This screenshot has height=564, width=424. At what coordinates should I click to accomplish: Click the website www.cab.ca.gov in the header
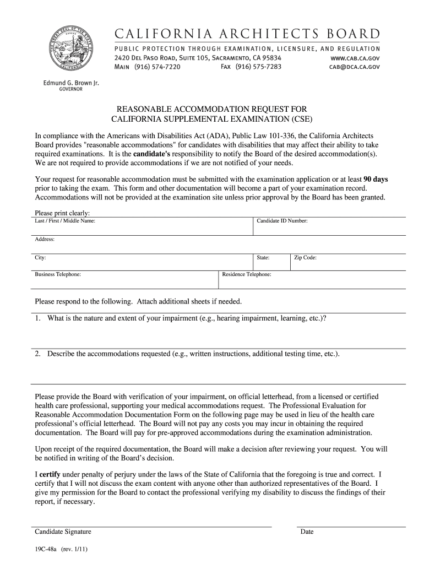[x=355, y=58]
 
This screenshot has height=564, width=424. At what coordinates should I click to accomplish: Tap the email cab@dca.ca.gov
[x=355, y=67]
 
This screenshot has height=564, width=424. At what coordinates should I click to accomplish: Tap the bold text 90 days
[x=376, y=179]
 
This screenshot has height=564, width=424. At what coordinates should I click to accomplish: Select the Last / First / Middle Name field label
[x=65, y=221]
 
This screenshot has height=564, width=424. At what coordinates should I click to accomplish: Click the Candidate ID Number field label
[x=282, y=221]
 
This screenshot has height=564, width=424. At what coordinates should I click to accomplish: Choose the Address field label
[x=45, y=239]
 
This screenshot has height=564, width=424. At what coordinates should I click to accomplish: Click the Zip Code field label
[x=305, y=257]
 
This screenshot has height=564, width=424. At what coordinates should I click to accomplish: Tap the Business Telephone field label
[x=58, y=274]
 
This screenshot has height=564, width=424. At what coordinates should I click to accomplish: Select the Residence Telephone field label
[x=246, y=274]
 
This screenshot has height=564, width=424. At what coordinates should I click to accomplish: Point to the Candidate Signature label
[x=63, y=532]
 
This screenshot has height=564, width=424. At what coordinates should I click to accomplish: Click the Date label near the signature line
[x=307, y=532]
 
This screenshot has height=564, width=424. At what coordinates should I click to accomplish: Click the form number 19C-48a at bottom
[x=47, y=550]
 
